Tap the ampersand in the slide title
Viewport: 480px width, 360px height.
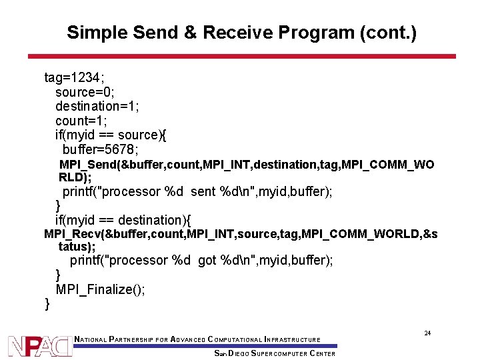pyautogui.click(x=189, y=33)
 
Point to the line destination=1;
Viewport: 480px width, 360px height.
pyautogui.click(x=97, y=106)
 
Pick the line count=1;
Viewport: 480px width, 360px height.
pyautogui.click(x=81, y=121)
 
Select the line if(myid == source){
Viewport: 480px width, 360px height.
pyautogui.click(x=111, y=135)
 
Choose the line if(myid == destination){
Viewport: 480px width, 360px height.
pyautogui.click(x=123, y=220)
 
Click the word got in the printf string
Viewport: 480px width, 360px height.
pyautogui.click(x=207, y=261)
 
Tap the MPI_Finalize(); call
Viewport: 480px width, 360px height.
pyautogui.click(x=101, y=289)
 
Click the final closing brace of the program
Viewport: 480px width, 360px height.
pyautogui.click(x=47, y=304)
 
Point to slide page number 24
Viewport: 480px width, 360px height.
pyautogui.click(x=427, y=333)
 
